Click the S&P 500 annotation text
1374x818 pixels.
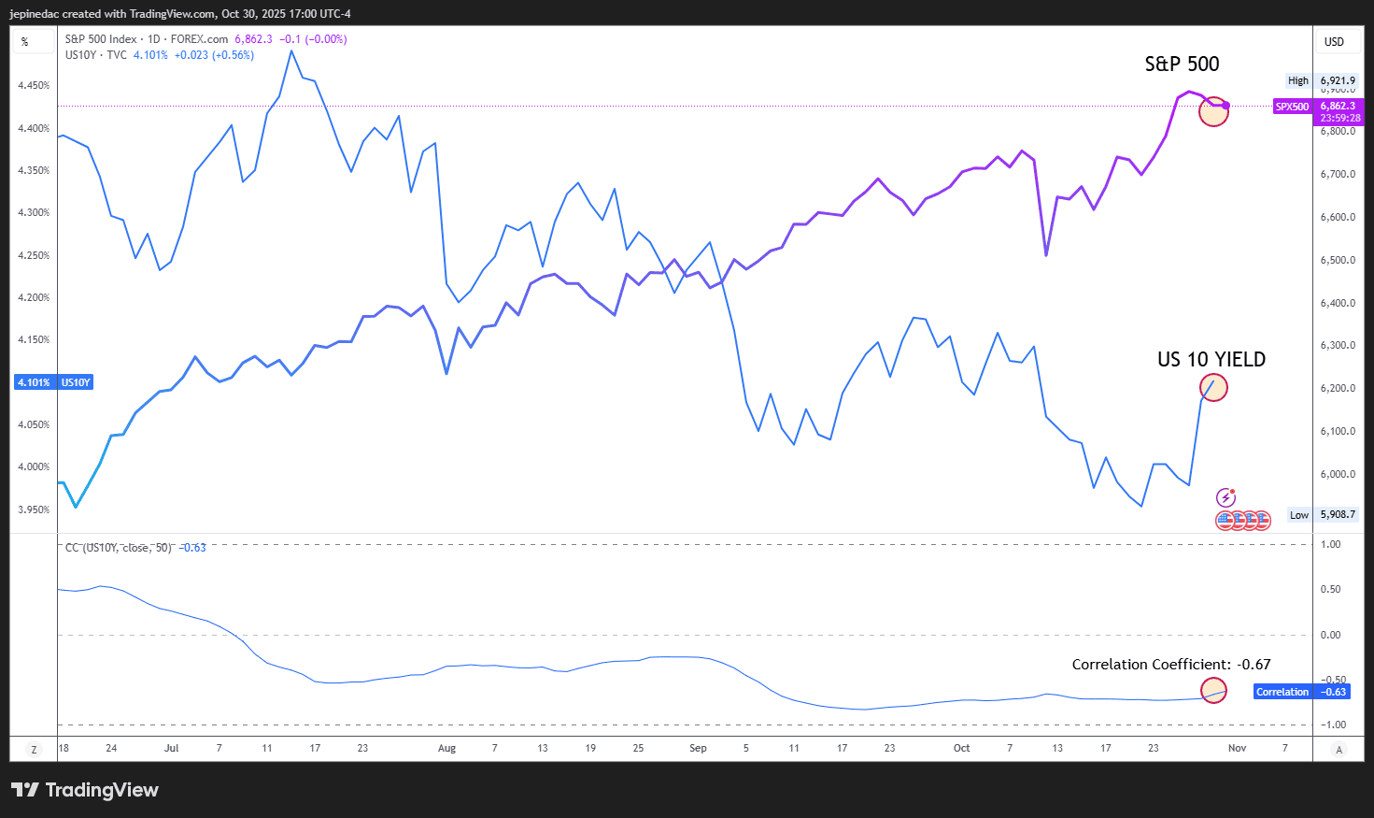pyautogui.click(x=1182, y=65)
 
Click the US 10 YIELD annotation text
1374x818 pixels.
pyautogui.click(x=1211, y=360)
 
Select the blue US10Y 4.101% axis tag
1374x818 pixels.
pyautogui.click(x=54, y=382)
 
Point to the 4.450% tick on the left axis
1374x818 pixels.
pyautogui.click(x=34, y=85)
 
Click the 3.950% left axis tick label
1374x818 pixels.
pyautogui.click(x=34, y=509)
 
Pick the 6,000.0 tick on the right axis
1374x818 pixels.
pyautogui.click(x=1338, y=474)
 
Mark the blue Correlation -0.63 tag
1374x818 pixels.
pyautogui.click(x=1301, y=692)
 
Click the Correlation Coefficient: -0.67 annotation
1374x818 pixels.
pyautogui.click(x=1170, y=665)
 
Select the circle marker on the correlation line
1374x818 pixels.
pyautogui.click(x=1213, y=691)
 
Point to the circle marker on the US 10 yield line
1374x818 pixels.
pyautogui.click(x=1213, y=387)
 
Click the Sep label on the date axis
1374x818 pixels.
pyautogui.click(x=698, y=748)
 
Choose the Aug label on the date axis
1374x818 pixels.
pyautogui.click(x=446, y=748)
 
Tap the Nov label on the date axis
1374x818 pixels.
pyautogui.click(x=1237, y=748)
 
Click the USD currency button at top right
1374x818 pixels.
pyautogui.click(x=1334, y=42)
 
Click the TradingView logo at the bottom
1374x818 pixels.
pyautogui.click(x=85, y=790)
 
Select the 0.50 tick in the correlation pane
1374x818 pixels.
pyautogui.click(x=1330, y=589)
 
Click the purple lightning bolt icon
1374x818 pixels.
pyautogui.click(x=1225, y=497)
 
